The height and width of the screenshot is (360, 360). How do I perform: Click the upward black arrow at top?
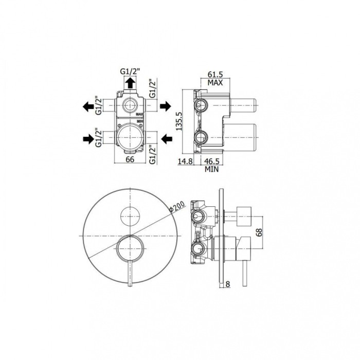(131, 81)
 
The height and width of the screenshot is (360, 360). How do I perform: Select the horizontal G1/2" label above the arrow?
(131, 71)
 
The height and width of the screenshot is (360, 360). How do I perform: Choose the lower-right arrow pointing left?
(166, 138)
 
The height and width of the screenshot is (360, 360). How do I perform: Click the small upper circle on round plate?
(131, 214)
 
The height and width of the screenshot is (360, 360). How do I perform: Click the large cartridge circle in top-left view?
(131, 138)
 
